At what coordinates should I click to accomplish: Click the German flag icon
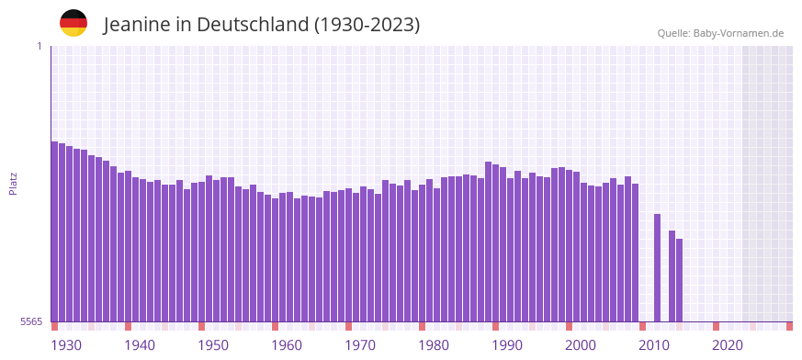point(73,23)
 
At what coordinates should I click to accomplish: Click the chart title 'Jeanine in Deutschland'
point(262,25)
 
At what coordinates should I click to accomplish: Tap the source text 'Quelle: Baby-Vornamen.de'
point(720,33)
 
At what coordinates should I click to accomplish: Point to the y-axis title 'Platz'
point(13,183)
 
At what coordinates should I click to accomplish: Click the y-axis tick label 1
point(39,46)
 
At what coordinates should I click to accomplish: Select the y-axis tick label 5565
point(30,321)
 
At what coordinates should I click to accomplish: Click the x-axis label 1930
point(66,345)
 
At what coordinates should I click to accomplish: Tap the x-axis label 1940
point(140,345)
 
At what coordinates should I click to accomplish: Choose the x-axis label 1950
point(213,345)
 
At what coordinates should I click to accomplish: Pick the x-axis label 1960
point(287,345)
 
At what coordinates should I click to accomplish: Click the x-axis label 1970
point(360,345)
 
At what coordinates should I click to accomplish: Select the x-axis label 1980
point(434,345)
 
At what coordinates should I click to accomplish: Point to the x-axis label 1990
point(507,345)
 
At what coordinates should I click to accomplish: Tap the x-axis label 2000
point(581,345)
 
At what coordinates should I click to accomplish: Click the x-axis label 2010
point(654,345)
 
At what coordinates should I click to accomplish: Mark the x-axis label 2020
point(728,345)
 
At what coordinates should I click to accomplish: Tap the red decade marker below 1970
point(349,326)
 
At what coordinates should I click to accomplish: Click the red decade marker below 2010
point(643,326)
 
